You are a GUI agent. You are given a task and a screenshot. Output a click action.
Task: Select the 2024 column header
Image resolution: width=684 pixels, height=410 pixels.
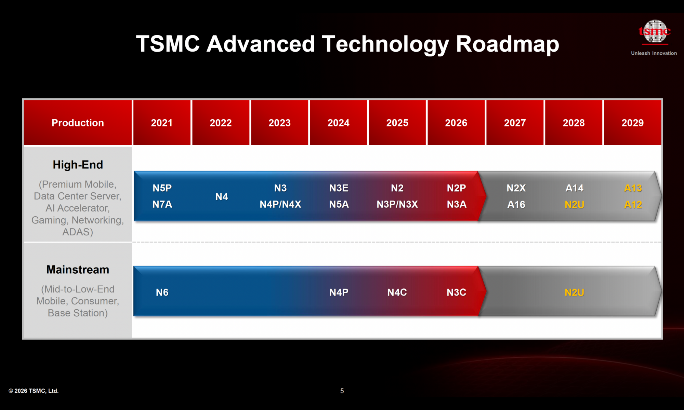tap(338, 123)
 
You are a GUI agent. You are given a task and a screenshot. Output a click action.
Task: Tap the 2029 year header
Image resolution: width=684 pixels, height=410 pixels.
tap(632, 123)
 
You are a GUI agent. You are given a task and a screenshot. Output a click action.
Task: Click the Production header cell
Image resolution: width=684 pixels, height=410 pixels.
tap(78, 123)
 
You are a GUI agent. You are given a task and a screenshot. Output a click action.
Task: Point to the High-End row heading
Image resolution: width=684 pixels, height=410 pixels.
tap(78, 165)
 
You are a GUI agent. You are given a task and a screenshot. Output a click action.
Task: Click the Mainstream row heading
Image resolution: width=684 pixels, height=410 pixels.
tap(78, 270)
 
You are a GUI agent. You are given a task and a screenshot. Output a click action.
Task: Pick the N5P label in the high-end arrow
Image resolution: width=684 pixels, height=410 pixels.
tap(162, 188)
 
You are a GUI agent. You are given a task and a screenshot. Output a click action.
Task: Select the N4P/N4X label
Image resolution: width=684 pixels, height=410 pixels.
tap(280, 204)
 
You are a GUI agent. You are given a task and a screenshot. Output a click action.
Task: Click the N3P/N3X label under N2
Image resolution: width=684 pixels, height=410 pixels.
tap(397, 204)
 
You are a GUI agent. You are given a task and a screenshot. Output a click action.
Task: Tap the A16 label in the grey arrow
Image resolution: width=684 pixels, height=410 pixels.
tap(516, 204)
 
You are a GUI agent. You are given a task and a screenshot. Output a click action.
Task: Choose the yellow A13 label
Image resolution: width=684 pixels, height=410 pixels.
tap(633, 188)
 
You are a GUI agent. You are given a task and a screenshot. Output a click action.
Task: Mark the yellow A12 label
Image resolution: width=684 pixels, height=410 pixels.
tap(633, 204)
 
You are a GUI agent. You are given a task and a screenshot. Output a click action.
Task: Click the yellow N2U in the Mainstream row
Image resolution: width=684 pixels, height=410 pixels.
tap(574, 292)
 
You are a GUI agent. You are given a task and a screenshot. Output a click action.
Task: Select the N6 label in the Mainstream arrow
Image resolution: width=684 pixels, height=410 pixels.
tap(162, 292)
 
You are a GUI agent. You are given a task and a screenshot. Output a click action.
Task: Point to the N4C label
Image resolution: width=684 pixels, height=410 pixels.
tap(397, 292)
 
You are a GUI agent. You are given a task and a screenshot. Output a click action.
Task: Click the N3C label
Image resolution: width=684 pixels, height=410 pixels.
tap(456, 292)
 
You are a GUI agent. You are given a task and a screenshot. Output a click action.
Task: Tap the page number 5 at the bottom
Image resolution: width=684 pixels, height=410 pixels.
tap(342, 391)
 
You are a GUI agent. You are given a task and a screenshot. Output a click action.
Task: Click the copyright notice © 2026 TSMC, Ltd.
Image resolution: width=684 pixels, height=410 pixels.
tap(34, 391)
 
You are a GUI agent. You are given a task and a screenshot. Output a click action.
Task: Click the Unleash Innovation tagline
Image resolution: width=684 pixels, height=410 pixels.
tap(654, 53)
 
